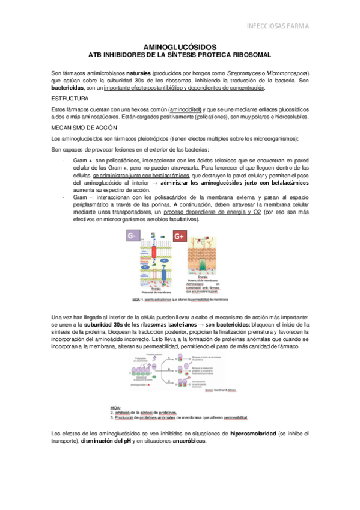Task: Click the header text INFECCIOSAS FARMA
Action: click(302, 26)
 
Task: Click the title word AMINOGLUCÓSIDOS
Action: click(180, 46)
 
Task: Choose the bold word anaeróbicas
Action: click(189, 441)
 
